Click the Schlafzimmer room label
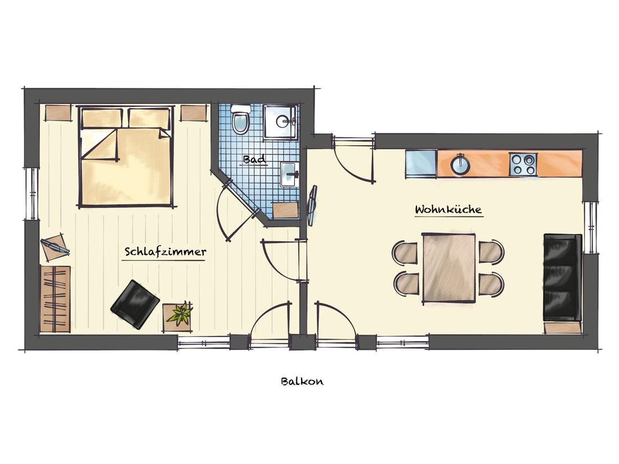tap(165, 252)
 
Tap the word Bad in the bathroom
tap(254, 159)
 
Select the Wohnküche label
tap(448, 209)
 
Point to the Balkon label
tap(302, 381)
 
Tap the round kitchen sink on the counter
tap(460, 164)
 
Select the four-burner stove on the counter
tap(523, 164)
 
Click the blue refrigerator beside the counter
tap(421, 164)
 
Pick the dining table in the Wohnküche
tap(449, 268)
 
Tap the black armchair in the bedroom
tap(136, 304)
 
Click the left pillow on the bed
tap(102, 118)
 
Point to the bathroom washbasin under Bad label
tap(289, 174)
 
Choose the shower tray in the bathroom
tap(280, 121)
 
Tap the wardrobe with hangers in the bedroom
tap(56, 299)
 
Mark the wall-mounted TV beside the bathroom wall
tap(313, 205)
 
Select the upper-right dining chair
tap(491, 251)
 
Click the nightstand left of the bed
tap(58, 112)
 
